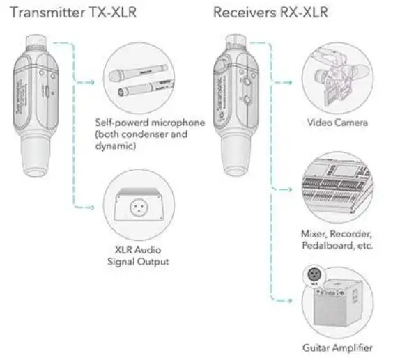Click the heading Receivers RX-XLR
tap(259, 13)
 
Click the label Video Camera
tap(337, 123)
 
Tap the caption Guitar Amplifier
tap(337, 347)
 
